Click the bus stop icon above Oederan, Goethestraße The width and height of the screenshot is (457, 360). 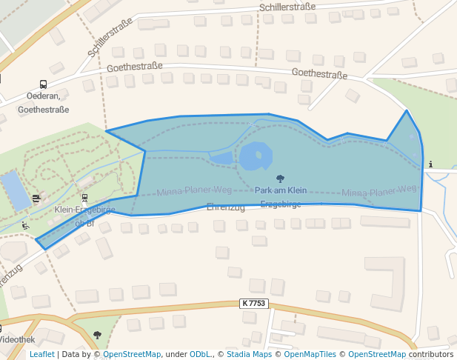(43, 84)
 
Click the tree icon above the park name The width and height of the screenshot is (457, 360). (280, 179)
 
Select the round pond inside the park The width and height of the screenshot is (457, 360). (255, 156)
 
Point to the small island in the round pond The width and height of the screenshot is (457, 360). (258, 156)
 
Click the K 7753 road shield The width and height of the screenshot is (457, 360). (253, 304)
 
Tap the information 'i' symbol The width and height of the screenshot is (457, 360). (430, 164)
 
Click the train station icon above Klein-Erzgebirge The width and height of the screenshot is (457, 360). (84, 198)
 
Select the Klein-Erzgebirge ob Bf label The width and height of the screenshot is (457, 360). (84, 216)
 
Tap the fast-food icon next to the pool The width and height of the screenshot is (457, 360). (36, 198)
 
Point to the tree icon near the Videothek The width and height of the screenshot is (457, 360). (97, 335)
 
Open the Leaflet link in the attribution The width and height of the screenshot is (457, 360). (41, 355)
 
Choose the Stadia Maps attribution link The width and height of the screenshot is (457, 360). (249, 355)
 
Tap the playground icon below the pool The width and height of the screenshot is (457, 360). (26, 225)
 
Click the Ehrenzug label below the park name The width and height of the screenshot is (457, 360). (226, 207)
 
